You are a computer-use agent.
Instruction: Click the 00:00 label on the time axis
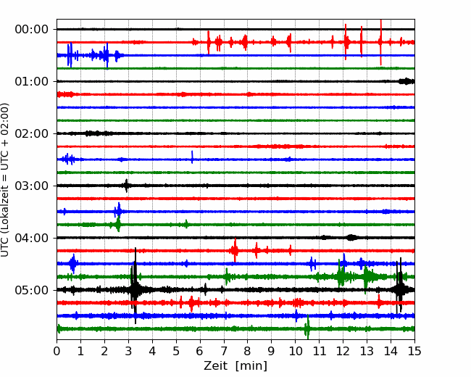[x=32, y=30]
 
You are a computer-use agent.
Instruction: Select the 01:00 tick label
[x=32, y=81]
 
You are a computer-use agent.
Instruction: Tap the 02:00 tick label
[x=32, y=134]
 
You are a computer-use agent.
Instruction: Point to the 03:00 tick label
[x=32, y=186]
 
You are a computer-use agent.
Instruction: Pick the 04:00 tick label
[x=32, y=238]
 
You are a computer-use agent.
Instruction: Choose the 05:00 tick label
[x=32, y=291]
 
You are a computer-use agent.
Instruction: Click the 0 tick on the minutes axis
[x=57, y=351]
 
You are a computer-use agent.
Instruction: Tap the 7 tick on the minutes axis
[x=224, y=351]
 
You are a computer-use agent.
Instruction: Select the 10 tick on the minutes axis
[x=295, y=351]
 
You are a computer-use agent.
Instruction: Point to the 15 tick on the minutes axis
[x=414, y=351]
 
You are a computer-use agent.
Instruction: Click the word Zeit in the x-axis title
[x=215, y=366]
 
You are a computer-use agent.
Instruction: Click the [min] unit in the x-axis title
[x=251, y=366]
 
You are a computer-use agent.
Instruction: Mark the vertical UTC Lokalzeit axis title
[x=5, y=180]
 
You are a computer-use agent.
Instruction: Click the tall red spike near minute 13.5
[x=381, y=42]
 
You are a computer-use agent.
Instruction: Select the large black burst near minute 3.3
[x=136, y=286]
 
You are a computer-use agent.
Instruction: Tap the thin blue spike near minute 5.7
[x=192, y=157]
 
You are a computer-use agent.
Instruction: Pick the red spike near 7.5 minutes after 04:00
[x=235, y=250]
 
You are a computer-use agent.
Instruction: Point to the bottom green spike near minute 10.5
[x=307, y=328]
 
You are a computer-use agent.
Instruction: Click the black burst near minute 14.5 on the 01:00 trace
[x=407, y=81]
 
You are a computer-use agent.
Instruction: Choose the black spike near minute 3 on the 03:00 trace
[x=127, y=186]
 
